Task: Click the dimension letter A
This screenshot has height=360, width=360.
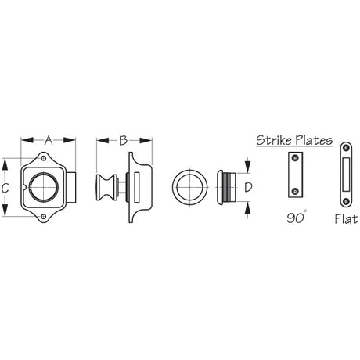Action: pyautogui.click(x=48, y=141)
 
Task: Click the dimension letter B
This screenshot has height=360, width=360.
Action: pyautogui.click(x=123, y=141)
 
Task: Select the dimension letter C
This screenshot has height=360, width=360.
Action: pyautogui.click(x=5, y=187)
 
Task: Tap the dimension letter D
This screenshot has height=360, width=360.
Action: pyautogui.click(x=247, y=187)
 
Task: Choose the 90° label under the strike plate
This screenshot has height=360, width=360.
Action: pyautogui.click(x=294, y=218)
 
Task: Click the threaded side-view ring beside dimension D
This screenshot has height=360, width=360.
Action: pyautogui.click(x=225, y=187)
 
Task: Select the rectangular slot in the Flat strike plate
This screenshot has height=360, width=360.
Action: pyautogui.click(x=345, y=176)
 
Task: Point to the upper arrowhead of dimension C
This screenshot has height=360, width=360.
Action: pyautogui.click(x=5, y=163)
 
